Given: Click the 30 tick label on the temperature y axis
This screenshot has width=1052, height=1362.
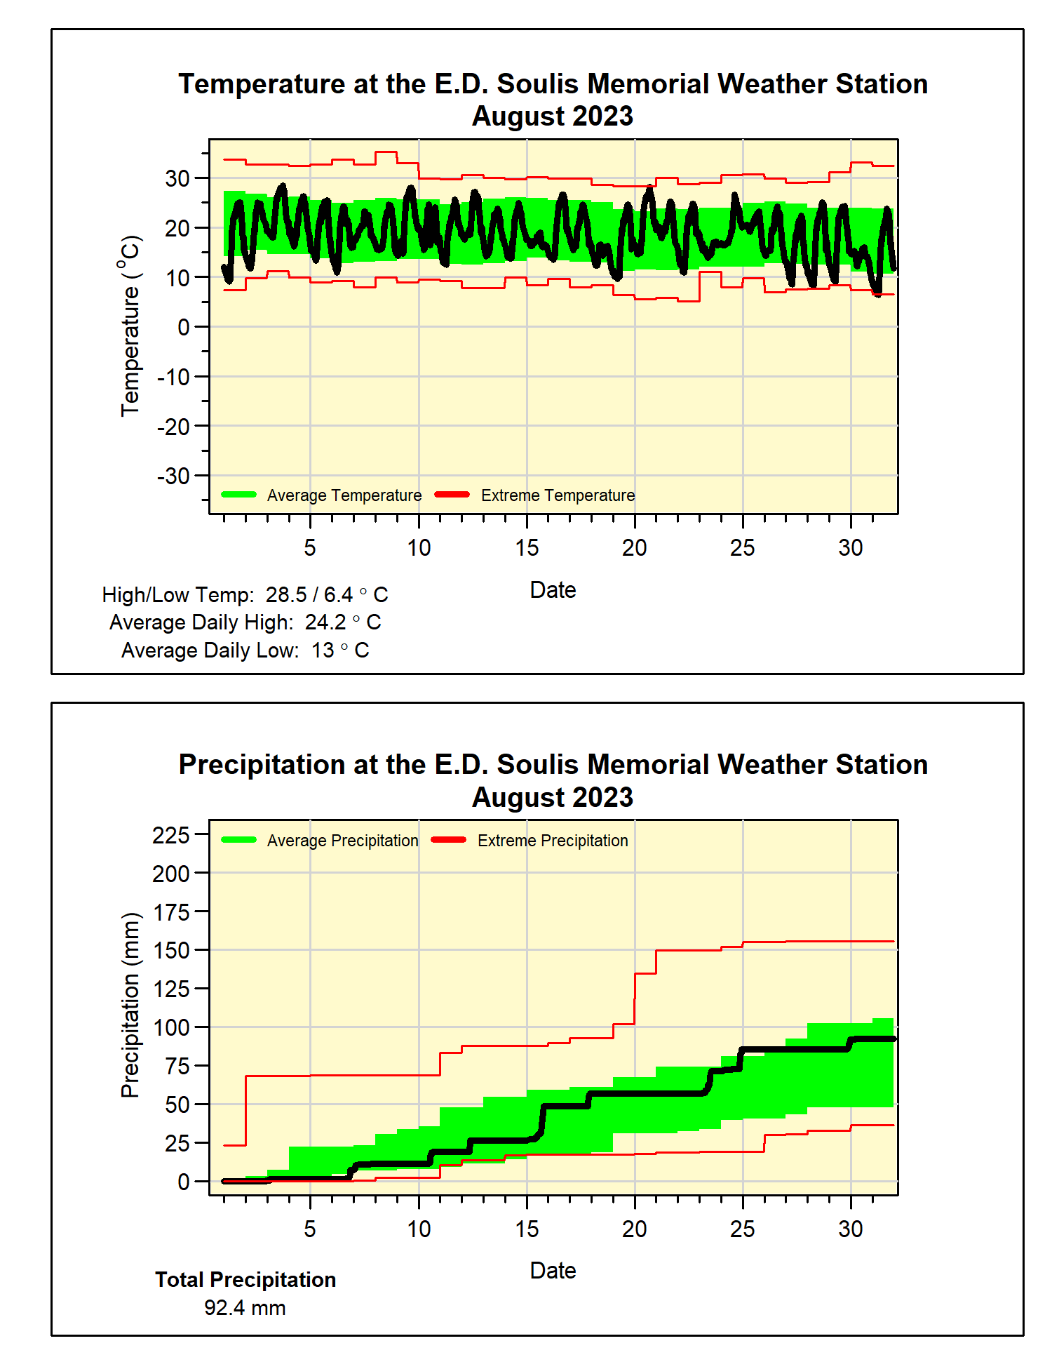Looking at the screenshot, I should click(177, 178).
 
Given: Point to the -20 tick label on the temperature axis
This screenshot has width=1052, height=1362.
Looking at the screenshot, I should click(173, 427).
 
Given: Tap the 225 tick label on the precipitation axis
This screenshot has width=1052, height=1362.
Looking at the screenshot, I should click(170, 835).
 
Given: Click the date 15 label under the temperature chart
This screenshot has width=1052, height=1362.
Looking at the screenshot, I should click(527, 548).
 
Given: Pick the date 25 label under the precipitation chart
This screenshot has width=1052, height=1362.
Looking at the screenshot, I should click(742, 1229).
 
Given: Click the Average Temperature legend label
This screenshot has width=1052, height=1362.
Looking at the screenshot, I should click(344, 495).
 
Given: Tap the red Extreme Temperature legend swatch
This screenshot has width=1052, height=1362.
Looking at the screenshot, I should click(452, 495).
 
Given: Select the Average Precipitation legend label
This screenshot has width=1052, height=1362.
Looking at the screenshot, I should click(342, 841).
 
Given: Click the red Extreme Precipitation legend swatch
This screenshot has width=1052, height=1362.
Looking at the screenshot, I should click(449, 840).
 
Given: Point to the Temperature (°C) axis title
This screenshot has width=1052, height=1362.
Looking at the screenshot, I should click(130, 326).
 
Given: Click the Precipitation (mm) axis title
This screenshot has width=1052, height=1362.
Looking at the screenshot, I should click(130, 1005).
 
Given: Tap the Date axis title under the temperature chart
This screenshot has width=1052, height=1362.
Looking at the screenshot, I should click(553, 590).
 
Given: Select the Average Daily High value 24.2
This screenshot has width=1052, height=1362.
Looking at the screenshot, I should click(325, 622).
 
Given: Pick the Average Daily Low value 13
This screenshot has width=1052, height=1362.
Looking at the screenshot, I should click(323, 650).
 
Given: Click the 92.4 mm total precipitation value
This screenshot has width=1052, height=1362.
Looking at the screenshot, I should click(245, 1308).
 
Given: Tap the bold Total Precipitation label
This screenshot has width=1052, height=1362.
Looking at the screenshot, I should click(245, 1280).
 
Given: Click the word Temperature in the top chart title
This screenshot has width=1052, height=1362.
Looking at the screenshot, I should click(262, 84).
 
